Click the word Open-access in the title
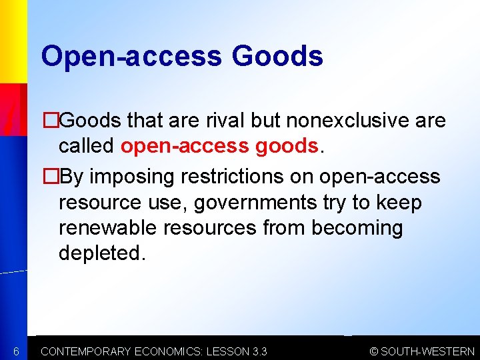(131, 56)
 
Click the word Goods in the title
(277, 56)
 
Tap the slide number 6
(17, 351)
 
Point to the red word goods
(287, 145)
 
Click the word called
(87, 145)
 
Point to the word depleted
(101, 253)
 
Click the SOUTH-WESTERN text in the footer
(428, 351)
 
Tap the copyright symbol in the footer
(374, 351)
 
